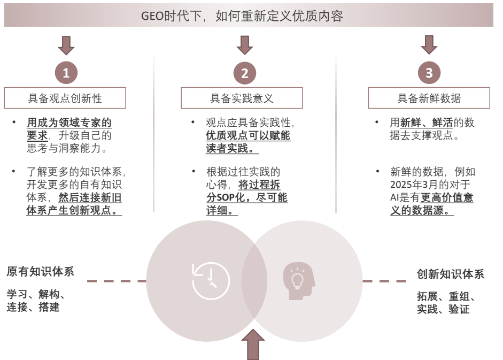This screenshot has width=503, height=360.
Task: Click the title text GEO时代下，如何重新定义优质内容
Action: pyautogui.click(x=242, y=16)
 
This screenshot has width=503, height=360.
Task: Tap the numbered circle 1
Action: pyautogui.click(x=66, y=73)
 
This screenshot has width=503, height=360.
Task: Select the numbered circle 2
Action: pyautogui.click(x=245, y=73)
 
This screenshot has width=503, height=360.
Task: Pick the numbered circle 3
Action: pyautogui.click(x=429, y=73)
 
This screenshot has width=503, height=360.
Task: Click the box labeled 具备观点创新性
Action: pyautogui.click(x=65, y=98)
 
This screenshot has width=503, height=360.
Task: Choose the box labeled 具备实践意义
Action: pyautogui.click(x=242, y=98)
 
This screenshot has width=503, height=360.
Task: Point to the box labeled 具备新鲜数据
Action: pyautogui.click(x=429, y=98)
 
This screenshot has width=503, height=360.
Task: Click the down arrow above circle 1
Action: pyautogui.click(x=66, y=45)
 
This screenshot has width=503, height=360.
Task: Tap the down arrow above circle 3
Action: pyautogui.click(x=429, y=45)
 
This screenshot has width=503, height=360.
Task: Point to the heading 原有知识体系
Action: pyautogui.click(x=40, y=271)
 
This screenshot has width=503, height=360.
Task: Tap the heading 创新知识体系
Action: pyautogui.click(x=450, y=274)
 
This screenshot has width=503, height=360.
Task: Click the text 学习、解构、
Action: pyautogui.click(x=36, y=294)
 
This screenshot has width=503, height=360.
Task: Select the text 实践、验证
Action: pyautogui.click(x=443, y=309)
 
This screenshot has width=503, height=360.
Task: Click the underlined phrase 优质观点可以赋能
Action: pyautogui.click(x=248, y=136)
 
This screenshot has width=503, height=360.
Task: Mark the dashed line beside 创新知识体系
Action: pyautogui.click(x=384, y=281)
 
